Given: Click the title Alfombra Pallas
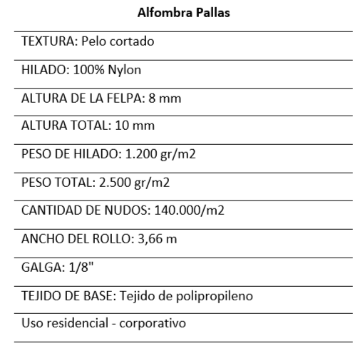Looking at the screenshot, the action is point(180,13).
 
